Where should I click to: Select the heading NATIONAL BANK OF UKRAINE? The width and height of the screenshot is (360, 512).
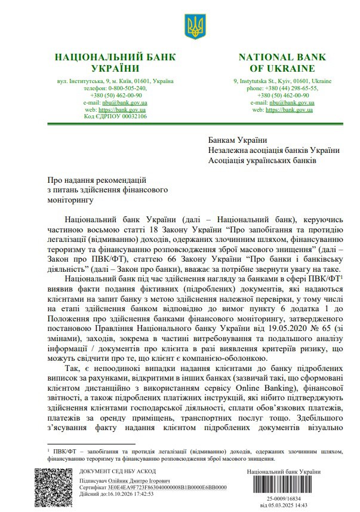[282, 63]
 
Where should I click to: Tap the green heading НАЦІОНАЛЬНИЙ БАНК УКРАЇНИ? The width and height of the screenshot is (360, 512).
[115, 63]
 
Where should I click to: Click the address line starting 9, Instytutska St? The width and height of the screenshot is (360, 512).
[282, 81]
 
